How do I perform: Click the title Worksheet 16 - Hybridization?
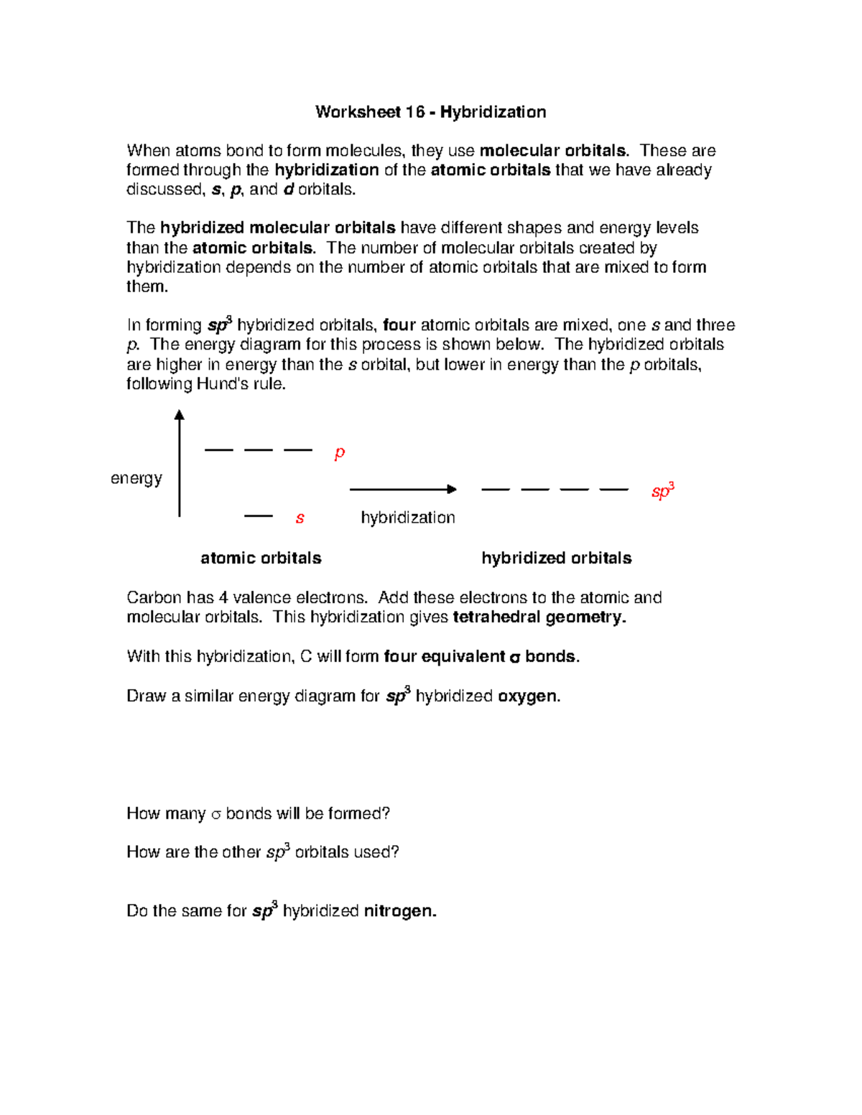point(430,112)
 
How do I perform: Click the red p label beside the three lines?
point(340,453)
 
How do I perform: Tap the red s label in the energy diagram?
point(300,518)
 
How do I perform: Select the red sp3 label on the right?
point(662,492)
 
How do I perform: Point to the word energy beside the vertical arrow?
point(136,478)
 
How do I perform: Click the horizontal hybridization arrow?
point(402,490)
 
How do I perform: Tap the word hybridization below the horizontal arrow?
point(407,518)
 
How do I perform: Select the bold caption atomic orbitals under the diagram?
point(261,558)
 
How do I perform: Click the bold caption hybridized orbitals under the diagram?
point(556,558)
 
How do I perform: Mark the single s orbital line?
point(259,515)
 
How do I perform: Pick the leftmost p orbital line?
point(219,450)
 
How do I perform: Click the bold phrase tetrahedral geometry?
point(539,617)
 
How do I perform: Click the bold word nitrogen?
point(400,911)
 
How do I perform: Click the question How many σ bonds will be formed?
point(258,813)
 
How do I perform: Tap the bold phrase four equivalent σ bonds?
point(481,657)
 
